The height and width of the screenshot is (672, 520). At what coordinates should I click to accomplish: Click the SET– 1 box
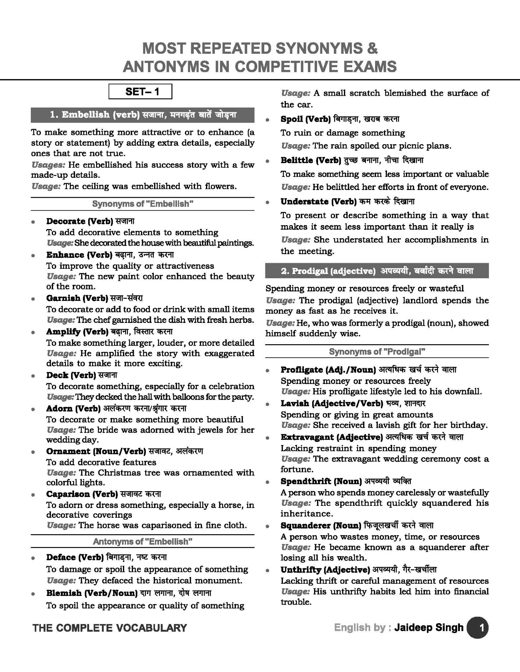pos(140,92)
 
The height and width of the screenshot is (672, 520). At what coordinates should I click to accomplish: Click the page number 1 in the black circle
pos(477,628)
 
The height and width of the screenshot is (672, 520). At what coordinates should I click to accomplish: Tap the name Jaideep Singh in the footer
pos(429,627)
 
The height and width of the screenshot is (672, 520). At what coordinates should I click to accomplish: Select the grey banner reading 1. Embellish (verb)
pos(143,115)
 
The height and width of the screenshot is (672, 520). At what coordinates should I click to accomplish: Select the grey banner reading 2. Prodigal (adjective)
pos(377,271)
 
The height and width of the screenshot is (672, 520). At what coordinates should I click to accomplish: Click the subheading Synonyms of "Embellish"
pos(143,204)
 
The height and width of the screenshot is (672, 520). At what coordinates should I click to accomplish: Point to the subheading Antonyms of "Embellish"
pos(143,541)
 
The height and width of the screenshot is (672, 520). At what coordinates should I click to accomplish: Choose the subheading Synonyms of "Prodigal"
pos(377,352)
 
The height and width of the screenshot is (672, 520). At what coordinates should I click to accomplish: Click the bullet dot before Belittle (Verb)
pos(268,161)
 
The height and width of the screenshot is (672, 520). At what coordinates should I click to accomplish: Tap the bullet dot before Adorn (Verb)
pos(33,409)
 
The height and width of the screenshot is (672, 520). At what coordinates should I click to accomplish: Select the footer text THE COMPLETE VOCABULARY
pos(110,628)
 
